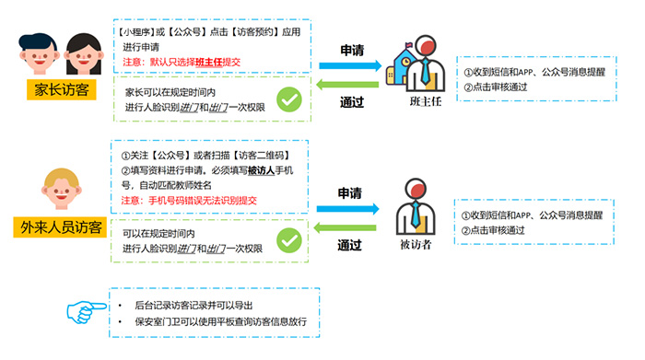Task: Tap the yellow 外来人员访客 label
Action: pos(63,226)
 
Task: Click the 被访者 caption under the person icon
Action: pos(415,245)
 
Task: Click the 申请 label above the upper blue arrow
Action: pos(352,48)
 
